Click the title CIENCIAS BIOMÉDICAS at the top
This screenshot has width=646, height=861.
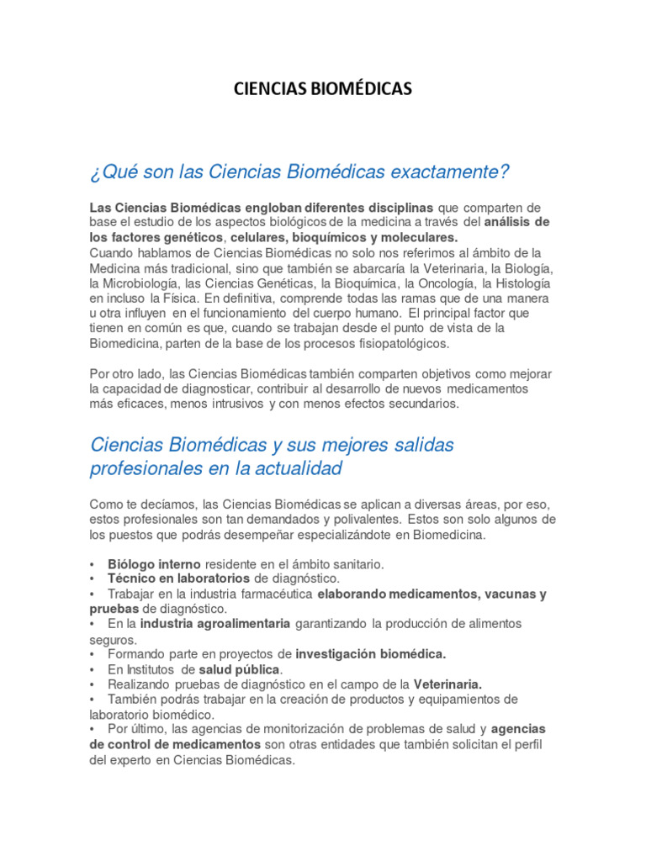point(323,89)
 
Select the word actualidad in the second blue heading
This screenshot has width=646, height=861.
point(293,468)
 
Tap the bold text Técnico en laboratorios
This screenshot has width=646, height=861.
point(178,579)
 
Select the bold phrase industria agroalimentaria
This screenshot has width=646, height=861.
point(215,624)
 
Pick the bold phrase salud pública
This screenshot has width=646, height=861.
point(240,669)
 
